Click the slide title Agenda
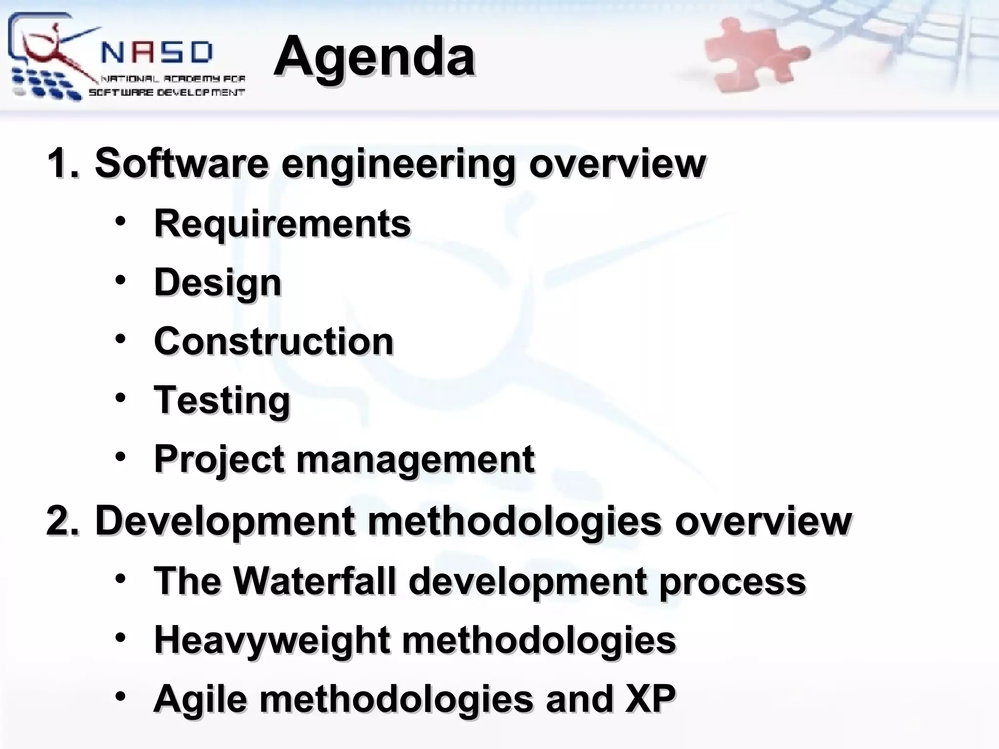[374, 57]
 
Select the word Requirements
[282, 223]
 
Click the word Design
[218, 283]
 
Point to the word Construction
[273, 341]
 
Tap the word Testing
[222, 400]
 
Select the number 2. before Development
[62, 521]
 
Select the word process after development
[732, 582]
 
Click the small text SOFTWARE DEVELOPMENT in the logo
[166, 93]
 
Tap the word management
[415, 460]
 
